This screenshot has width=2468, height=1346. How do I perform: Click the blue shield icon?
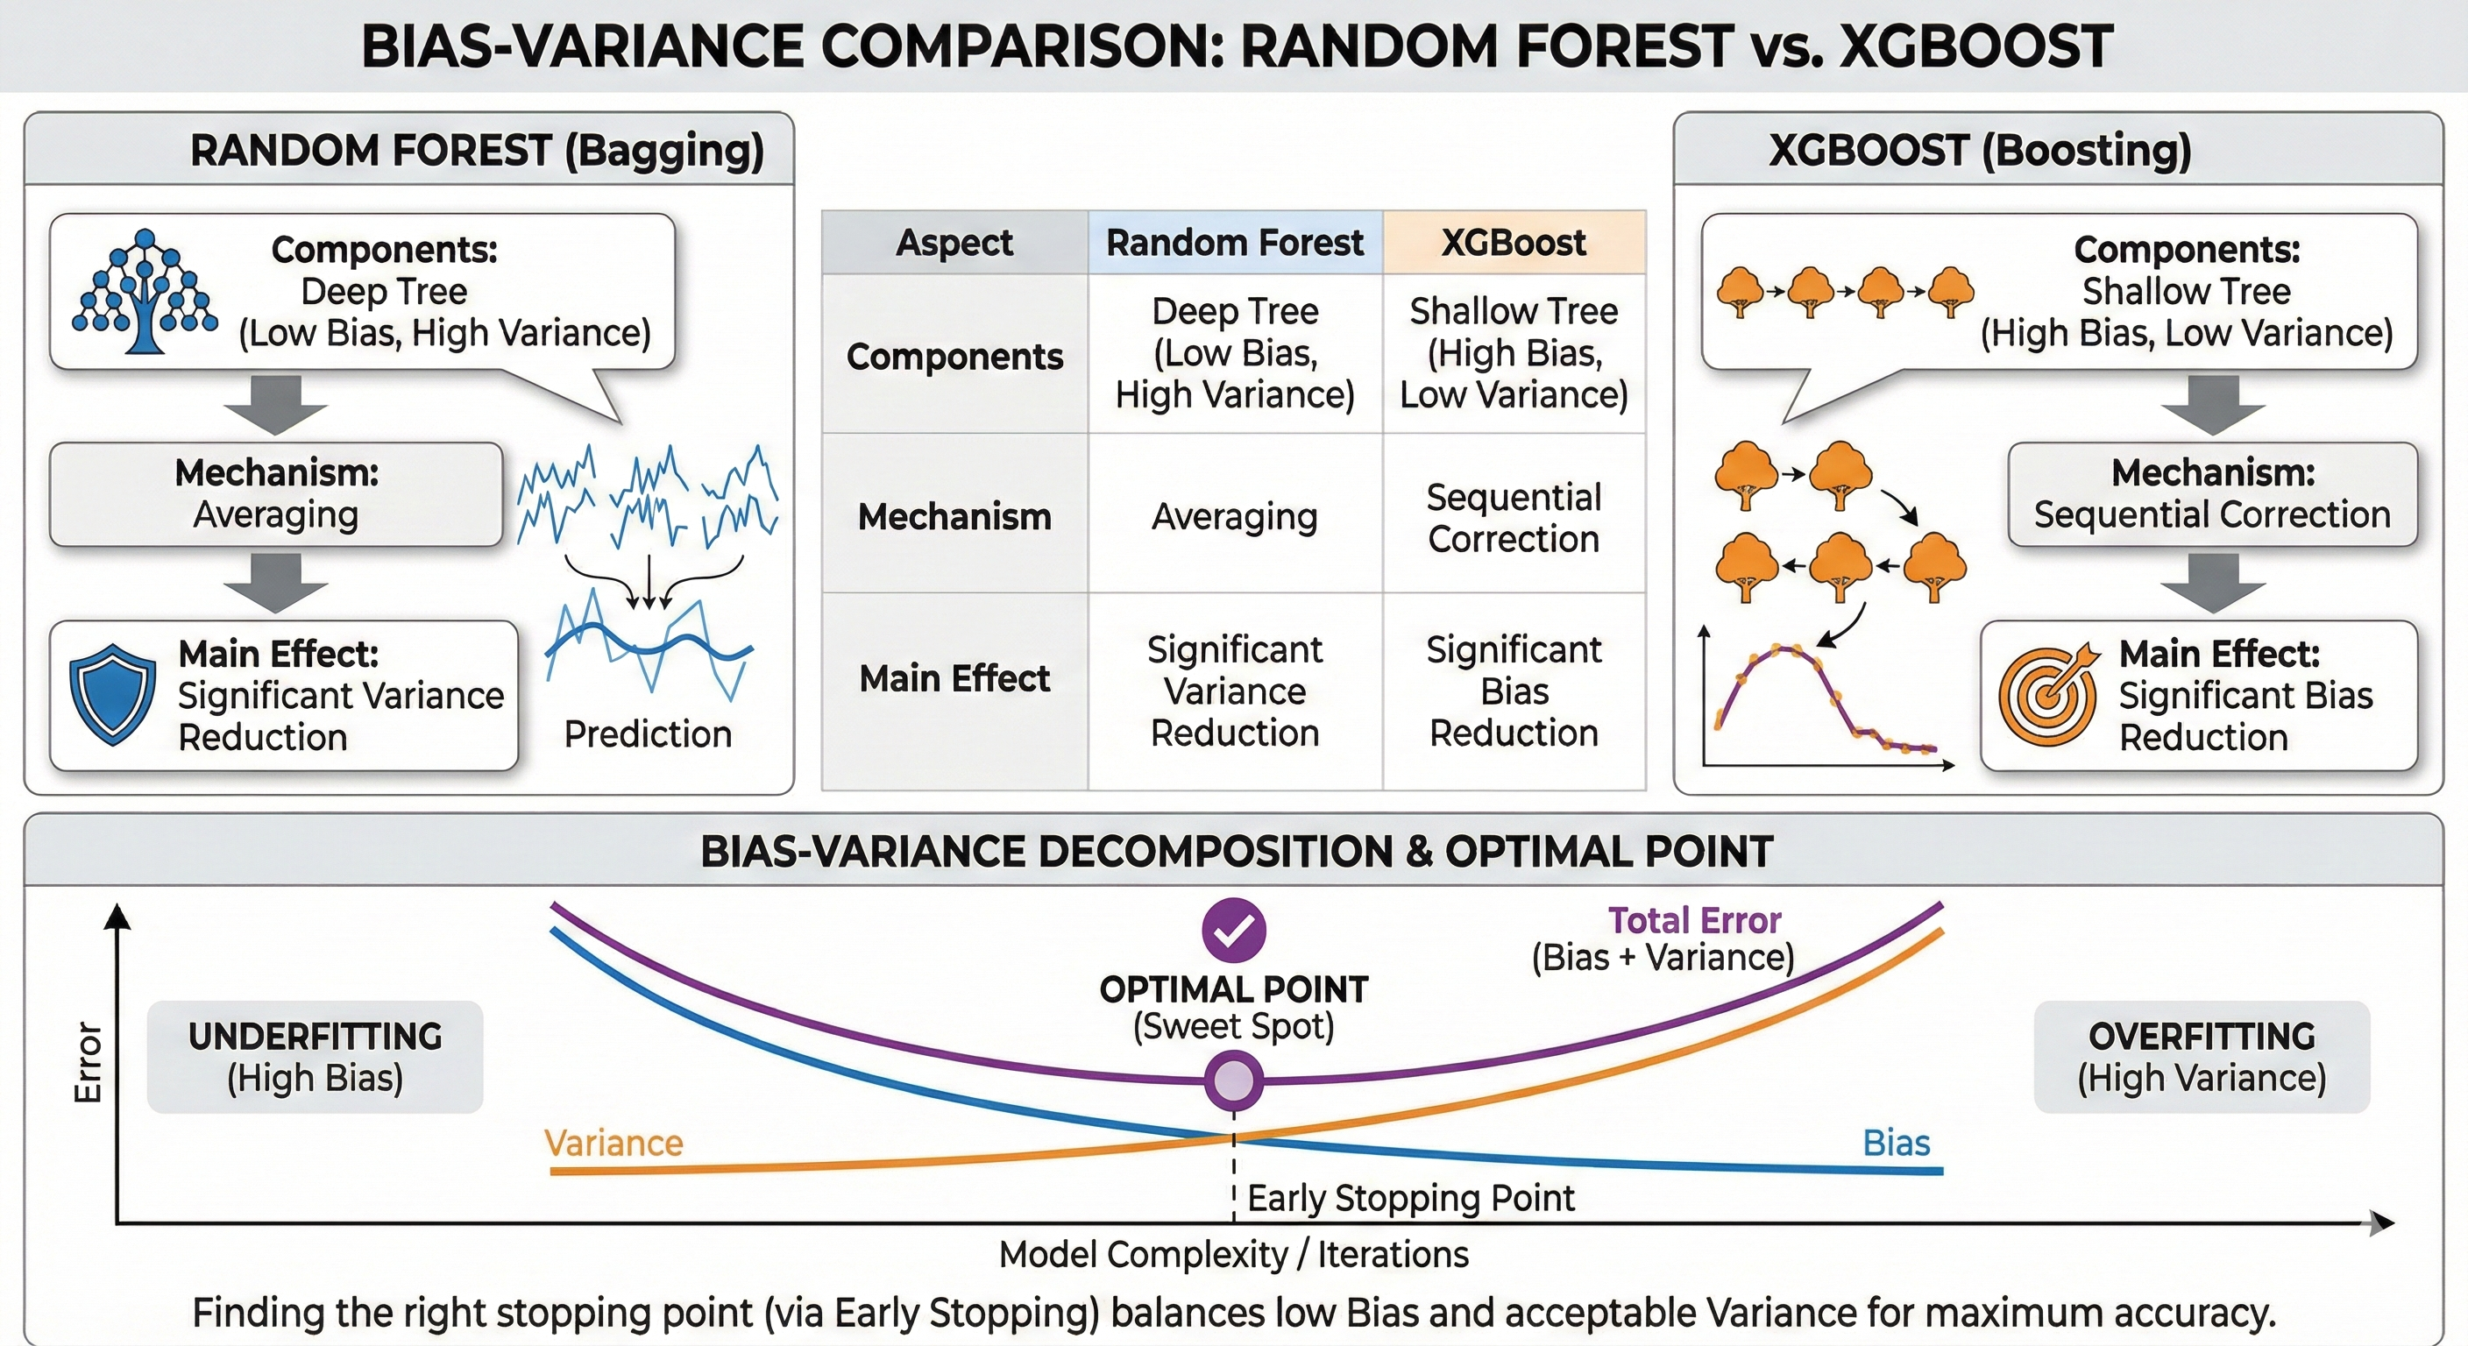[x=112, y=694]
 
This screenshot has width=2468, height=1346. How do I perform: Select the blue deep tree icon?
[x=144, y=291]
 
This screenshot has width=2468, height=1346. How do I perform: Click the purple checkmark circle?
[x=1233, y=929]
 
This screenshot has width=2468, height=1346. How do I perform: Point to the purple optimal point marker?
[x=1233, y=1080]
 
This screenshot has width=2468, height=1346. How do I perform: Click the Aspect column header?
[x=954, y=243]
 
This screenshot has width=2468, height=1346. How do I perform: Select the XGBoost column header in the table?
[x=1514, y=243]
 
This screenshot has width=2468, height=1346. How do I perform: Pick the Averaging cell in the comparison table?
[x=1234, y=516]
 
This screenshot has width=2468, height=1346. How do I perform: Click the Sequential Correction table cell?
[x=1514, y=517]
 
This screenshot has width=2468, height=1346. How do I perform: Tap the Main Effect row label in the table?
[x=954, y=678]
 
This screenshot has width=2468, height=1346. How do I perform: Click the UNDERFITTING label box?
[x=316, y=1057]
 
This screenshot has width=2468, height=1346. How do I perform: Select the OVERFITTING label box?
[x=2202, y=1057]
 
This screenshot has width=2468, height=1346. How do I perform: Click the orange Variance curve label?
[x=613, y=1143]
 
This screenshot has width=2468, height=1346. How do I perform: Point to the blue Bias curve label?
[x=1896, y=1143]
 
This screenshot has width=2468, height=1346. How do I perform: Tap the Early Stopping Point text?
[x=1410, y=1198]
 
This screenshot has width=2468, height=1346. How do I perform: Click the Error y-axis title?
[x=89, y=1062]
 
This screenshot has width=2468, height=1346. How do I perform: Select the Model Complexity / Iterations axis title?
[x=1233, y=1254]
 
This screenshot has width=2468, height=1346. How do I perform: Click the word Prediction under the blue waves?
[x=648, y=733]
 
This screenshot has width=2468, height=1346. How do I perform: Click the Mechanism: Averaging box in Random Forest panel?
[x=276, y=493]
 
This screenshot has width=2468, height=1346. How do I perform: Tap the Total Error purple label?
[x=1694, y=920]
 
